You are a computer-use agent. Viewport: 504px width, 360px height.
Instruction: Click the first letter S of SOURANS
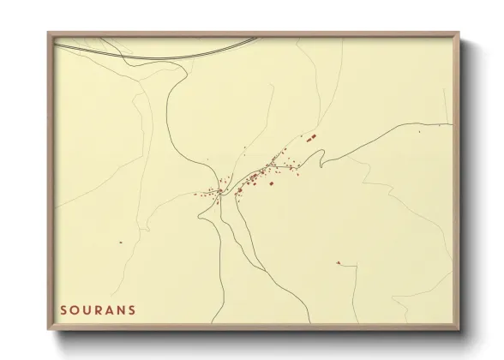pos(64,309)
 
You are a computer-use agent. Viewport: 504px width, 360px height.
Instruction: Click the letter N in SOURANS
pos(122,309)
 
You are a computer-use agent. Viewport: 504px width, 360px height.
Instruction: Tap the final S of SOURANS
pos(132,309)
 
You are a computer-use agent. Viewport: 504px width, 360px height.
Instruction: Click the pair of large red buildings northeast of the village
pos(311,137)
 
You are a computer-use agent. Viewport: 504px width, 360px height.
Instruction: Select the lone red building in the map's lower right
pos(339,262)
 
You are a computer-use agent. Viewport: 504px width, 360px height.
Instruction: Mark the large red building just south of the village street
pos(271,183)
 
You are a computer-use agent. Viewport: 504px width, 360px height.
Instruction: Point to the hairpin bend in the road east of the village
pos(321,157)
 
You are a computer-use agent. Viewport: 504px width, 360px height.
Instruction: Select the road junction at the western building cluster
pos(220,192)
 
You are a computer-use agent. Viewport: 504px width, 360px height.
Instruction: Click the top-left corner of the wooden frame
pos(50,33)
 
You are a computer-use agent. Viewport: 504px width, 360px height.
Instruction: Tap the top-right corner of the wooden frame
pos(459,33)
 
